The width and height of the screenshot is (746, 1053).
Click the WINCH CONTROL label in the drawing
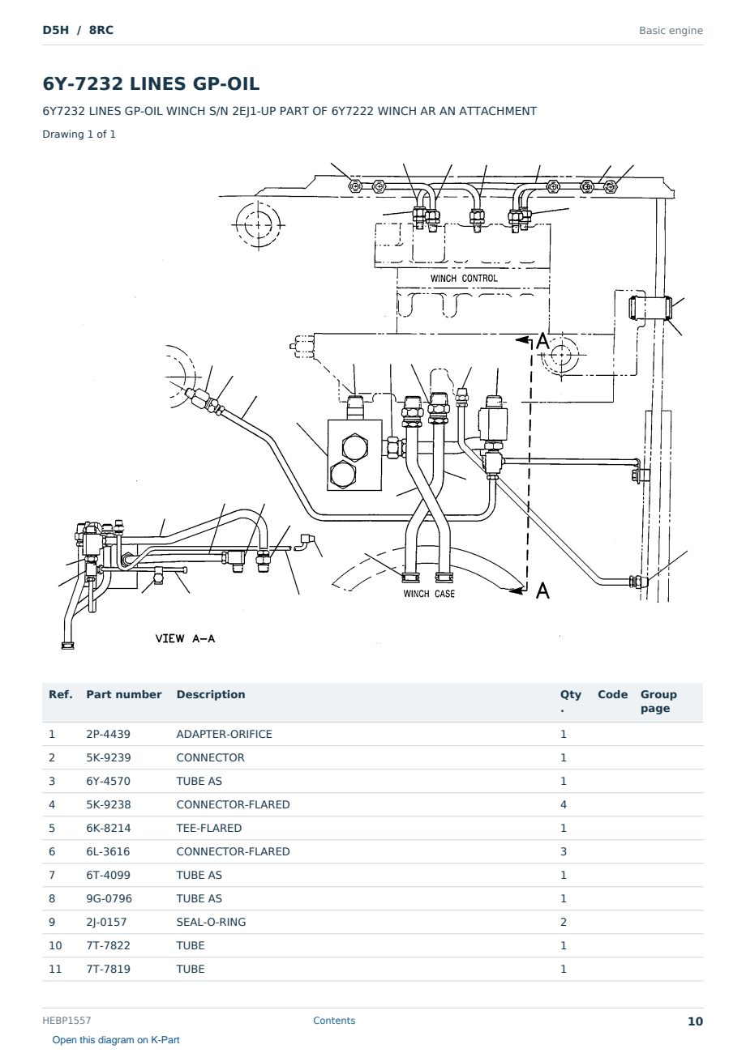coord(464,279)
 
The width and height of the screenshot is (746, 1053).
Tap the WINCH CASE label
coord(429,594)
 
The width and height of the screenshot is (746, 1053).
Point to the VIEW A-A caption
coord(185,638)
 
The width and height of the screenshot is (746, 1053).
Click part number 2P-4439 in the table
coord(109,734)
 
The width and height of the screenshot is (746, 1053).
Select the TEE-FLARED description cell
coord(209,828)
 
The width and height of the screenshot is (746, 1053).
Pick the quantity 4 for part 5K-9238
coord(564,804)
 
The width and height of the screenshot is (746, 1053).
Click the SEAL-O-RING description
coord(211,922)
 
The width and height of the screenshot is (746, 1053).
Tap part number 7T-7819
coord(109,969)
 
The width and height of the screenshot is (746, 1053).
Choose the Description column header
coord(211,694)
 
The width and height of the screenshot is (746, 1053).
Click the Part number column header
coord(124,694)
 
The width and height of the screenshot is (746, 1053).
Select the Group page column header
coord(658,701)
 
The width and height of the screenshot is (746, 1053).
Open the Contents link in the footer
coord(334,1021)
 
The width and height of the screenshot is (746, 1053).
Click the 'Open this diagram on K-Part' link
coord(116,1040)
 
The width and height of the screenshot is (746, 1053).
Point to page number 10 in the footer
coord(695,1021)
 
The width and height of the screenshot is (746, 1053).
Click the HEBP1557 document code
coord(66,1021)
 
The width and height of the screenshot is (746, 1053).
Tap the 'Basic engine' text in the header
coord(671,31)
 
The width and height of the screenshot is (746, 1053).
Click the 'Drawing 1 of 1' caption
coord(79,134)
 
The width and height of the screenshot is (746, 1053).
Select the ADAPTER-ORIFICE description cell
coord(224,734)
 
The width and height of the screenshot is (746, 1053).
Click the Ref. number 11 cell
coord(55,969)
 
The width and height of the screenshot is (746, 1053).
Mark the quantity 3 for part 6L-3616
coord(564,851)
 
